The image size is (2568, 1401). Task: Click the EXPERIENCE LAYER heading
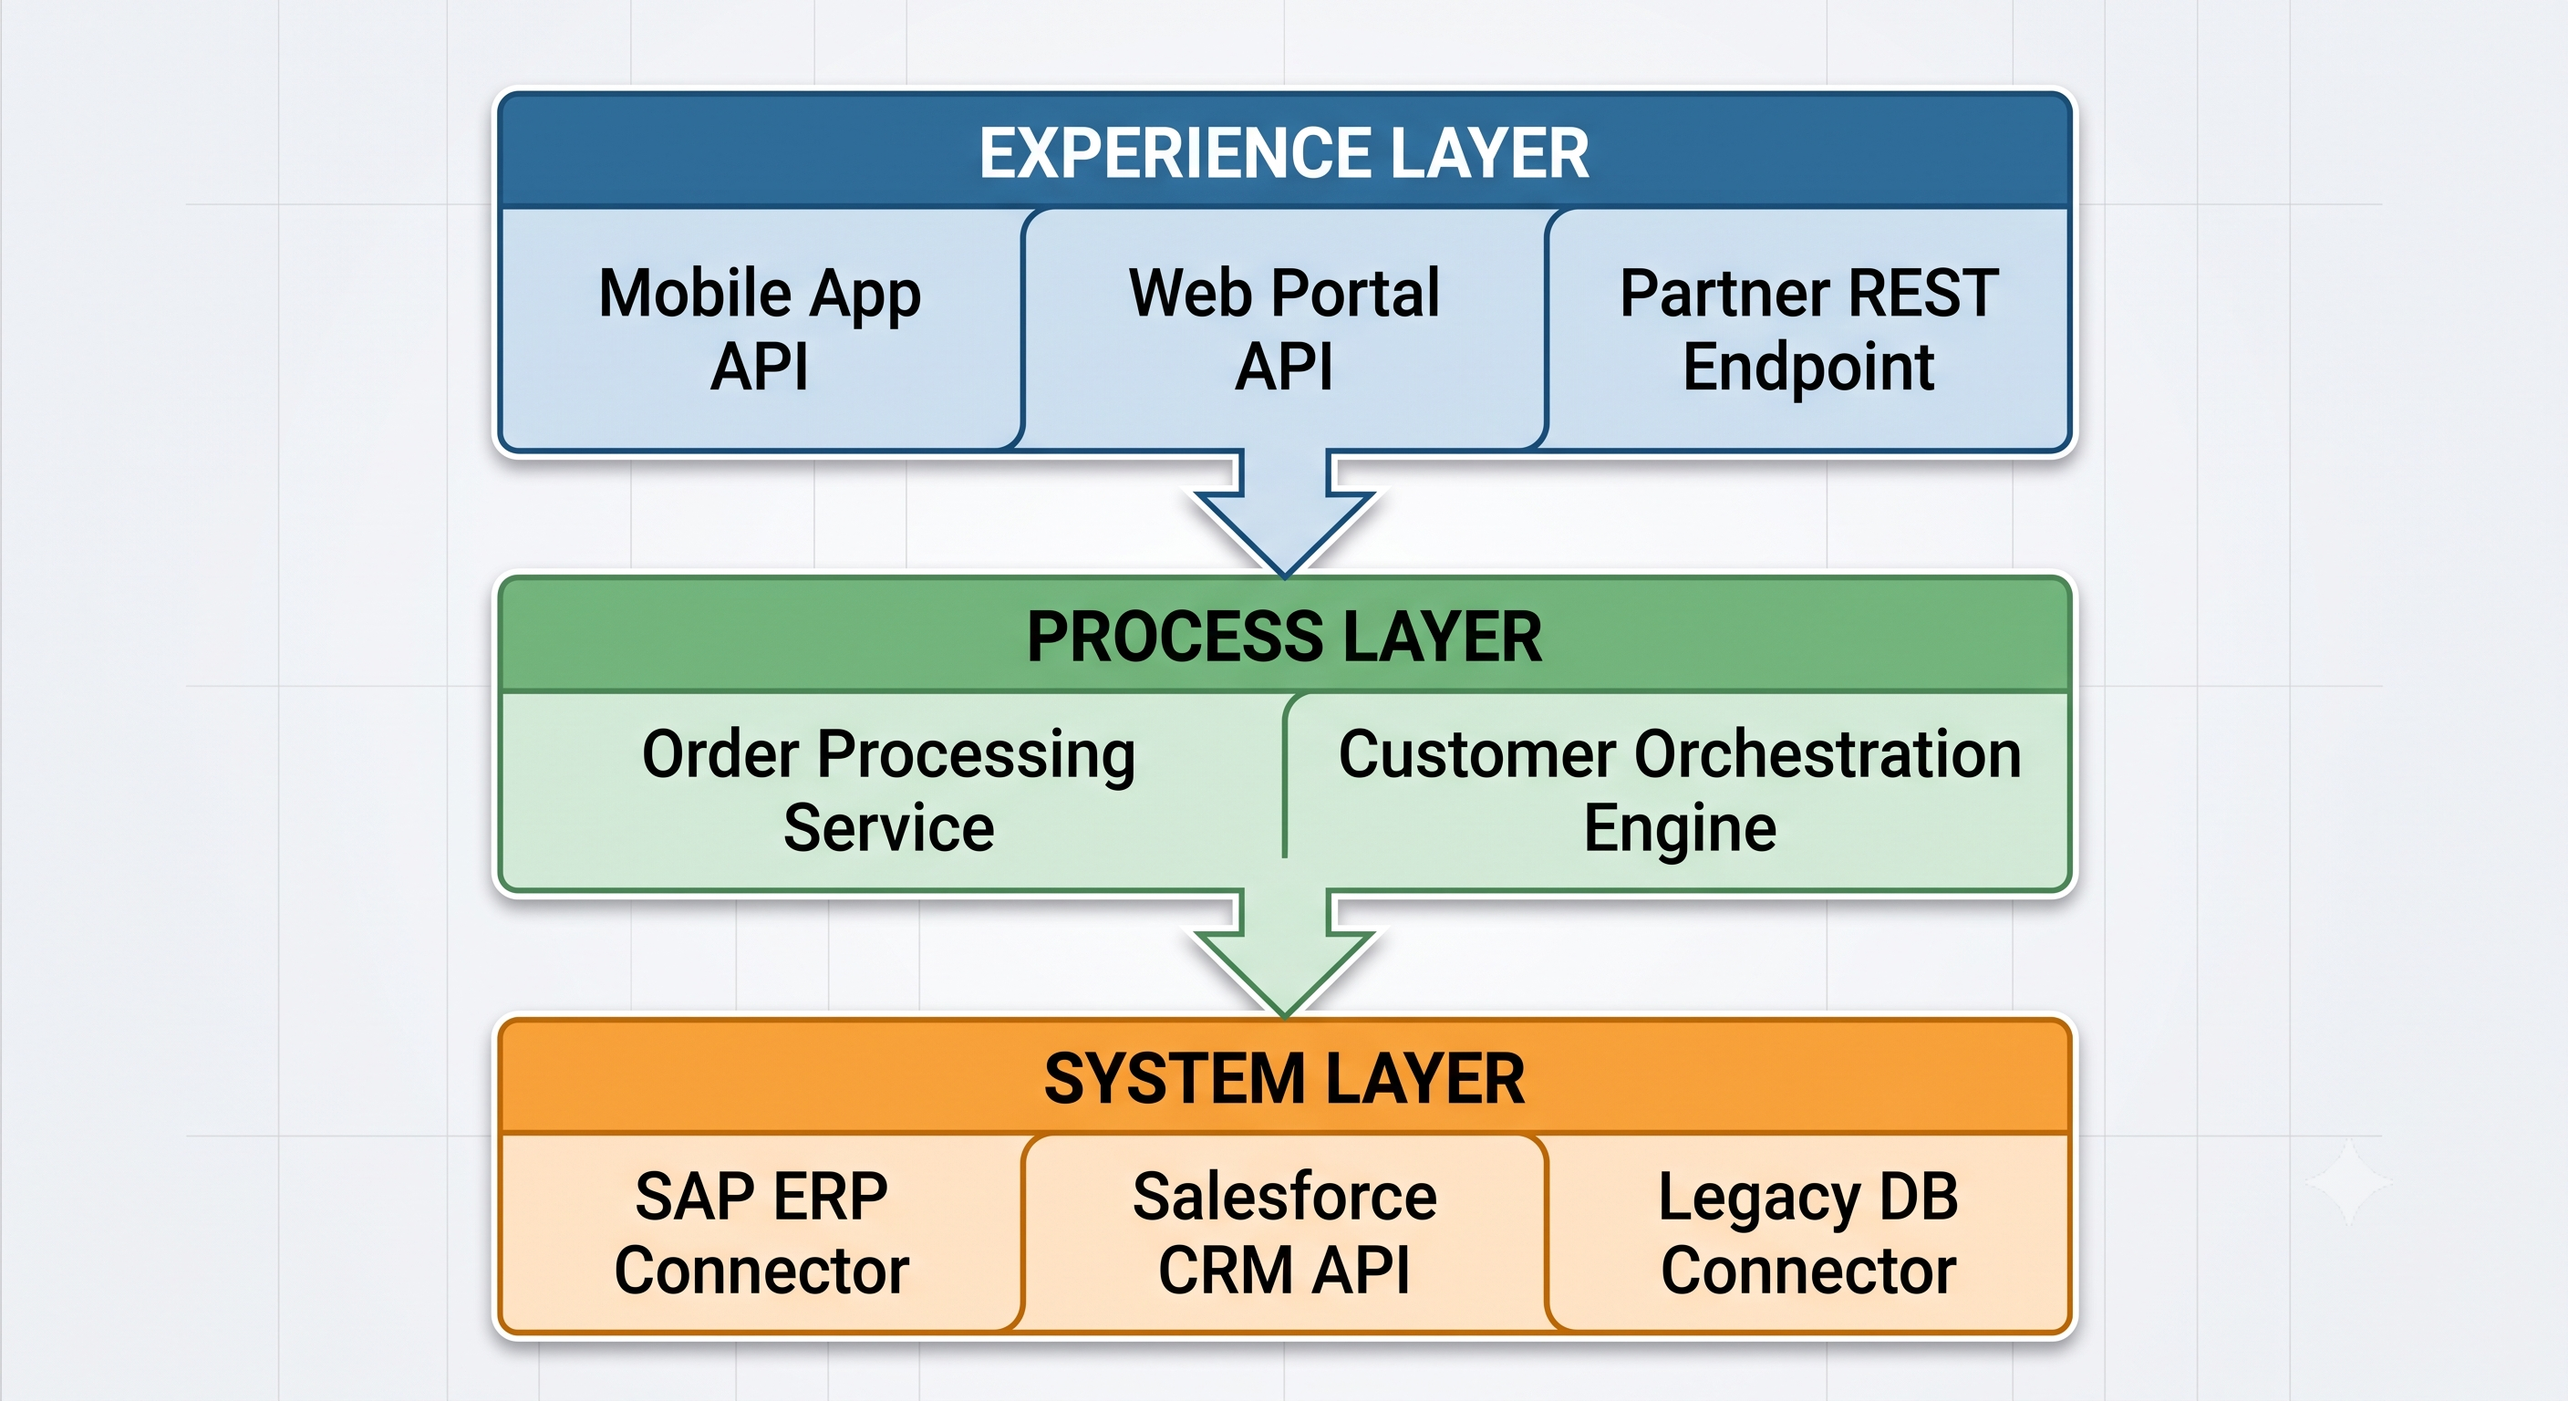(1284, 153)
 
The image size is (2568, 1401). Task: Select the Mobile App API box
(761, 329)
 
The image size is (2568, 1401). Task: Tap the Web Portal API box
(1284, 329)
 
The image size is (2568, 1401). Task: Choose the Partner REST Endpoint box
(1808, 329)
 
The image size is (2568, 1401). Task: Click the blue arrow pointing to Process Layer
(1284, 513)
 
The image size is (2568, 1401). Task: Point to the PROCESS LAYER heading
(1284, 638)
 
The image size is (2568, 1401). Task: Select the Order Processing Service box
(889, 791)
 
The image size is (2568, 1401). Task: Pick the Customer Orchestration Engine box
(1679, 791)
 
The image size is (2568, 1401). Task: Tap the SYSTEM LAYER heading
(1284, 1079)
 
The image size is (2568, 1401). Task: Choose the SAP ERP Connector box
(761, 1233)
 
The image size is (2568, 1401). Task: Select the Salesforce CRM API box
(1284, 1233)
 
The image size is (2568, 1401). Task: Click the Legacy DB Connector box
(1808, 1233)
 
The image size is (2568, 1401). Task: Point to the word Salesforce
(1284, 1196)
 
